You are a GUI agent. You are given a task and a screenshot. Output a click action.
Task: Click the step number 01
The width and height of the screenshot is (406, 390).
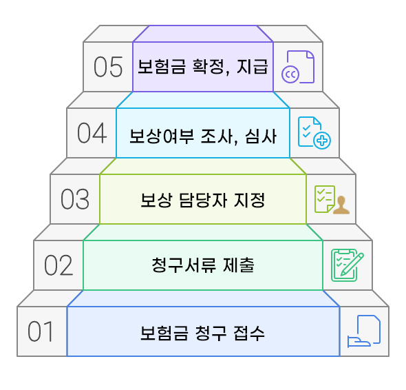point(41,331)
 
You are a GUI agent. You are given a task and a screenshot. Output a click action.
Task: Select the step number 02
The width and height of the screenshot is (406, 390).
point(58,265)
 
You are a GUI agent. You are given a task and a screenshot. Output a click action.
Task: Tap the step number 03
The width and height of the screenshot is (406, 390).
point(74,199)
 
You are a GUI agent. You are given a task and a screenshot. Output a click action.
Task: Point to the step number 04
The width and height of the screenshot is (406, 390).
point(92,133)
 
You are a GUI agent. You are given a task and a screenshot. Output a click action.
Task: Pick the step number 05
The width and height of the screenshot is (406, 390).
point(108,67)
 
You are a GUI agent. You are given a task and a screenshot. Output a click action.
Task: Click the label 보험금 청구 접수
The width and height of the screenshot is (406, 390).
point(202,332)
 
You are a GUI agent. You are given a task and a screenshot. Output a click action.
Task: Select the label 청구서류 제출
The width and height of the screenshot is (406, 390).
point(202,265)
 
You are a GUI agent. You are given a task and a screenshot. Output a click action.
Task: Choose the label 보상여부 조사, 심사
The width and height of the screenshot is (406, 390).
point(202,134)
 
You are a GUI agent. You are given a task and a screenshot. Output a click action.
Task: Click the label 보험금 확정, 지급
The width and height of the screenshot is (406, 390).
point(202,68)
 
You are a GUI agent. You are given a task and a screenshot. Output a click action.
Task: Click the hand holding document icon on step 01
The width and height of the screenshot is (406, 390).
point(364,331)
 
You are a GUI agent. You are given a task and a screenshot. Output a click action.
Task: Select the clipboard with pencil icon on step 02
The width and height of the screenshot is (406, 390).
point(348,265)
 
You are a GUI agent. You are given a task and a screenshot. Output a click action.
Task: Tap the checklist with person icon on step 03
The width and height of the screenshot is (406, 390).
point(331,199)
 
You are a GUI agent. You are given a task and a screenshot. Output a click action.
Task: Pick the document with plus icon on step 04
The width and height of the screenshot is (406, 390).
point(314,133)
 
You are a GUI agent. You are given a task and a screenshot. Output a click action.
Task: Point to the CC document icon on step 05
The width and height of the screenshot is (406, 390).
point(297,68)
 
